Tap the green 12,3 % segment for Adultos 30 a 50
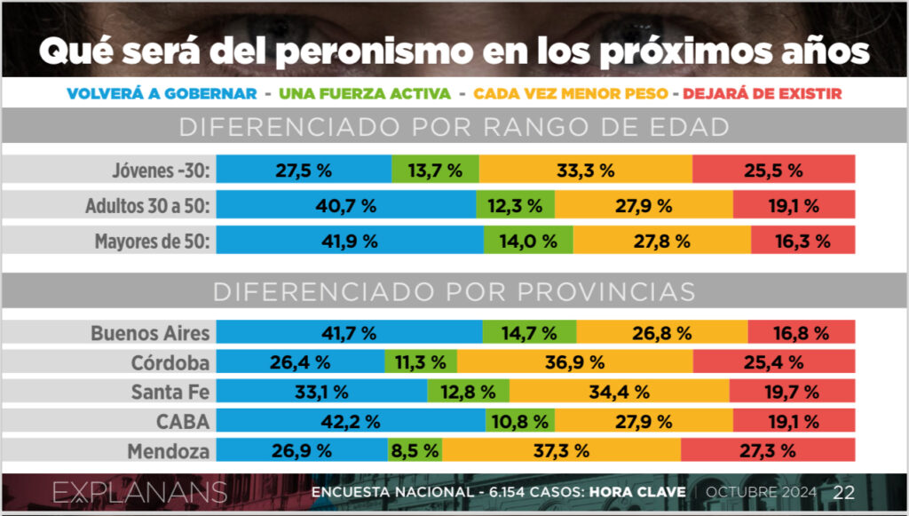pyautogui.click(x=515, y=206)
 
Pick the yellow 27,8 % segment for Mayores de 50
pyautogui.click(x=661, y=241)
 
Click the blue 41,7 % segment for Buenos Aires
pyautogui.click(x=350, y=334)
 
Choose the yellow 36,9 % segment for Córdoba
pyautogui.click(x=574, y=362)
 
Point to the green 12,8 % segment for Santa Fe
pyautogui.click(x=468, y=392)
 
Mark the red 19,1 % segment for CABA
pyautogui.click(x=794, y=421)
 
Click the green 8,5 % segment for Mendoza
pyautogui.click(x=415, y=450)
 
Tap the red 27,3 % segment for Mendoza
pyautogui.click(x=768, y=450)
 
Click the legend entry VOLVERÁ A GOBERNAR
pyautogui.click(x=162, y=93)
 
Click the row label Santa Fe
pyautogui.click(x=170, y=392)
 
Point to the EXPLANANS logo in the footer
pyautogui.click(x=139, y=493)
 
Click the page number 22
pyautogui.click(x=843, y=493)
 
